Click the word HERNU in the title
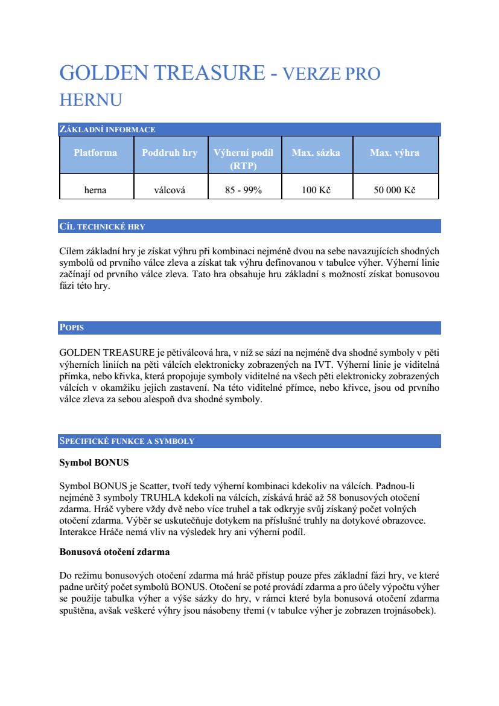pyautogui.click(x=91, y=100)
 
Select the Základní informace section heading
pyautogui.click(x=107, y=129)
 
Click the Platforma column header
pyautogui.click(x=95, y=153)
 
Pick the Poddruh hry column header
pyautogui.click(x=170, y=153)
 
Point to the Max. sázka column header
pyautogui.click(x=316, y=153)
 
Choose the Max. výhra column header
pyautogui.click(x=395, y=153)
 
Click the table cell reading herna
pyautogui.click(x=95, y=190)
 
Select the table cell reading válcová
pyautogui.click(x=170, y=190)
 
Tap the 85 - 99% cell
pyautogui.click(x=243, y=190)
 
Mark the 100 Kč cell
pyautogui.click(x=316, y=190)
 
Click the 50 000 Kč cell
pyautogui.click(x=395, y=190)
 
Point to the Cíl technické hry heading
pyautogui.click(x=103, y=227)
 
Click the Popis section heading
pyautogui.click(x=72, y=328)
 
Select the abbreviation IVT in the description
pyautogui.click(x=326, y=364)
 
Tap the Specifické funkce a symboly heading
pyautogui.click(x=127, y=441)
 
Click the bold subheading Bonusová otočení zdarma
pyautogui.click(x=115, y=551)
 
